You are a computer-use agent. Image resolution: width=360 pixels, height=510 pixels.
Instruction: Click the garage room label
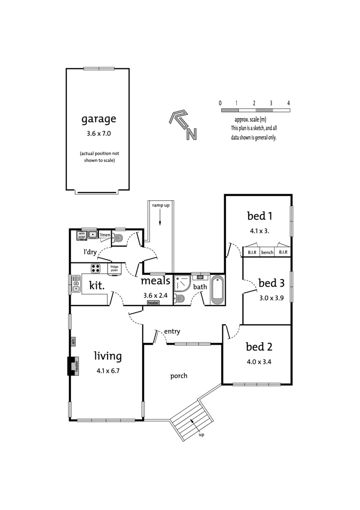pos(98,119)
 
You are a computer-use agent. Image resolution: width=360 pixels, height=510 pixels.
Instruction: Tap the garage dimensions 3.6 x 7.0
pos(98,134)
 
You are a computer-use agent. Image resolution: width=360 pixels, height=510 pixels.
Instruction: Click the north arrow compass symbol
pos(183,125)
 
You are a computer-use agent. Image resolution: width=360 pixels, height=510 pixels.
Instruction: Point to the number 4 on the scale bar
pos(288,103)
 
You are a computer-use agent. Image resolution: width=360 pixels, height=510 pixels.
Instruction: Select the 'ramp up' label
pos(161,205)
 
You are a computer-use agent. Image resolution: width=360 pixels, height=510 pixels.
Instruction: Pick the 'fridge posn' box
pos(115,268)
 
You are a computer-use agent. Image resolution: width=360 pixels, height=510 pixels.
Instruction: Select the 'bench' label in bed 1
pos(267,253)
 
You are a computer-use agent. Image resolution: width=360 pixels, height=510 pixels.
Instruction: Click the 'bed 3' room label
pos(271,283)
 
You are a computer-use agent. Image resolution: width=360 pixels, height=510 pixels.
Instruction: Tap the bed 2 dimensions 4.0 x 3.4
pos(259,362)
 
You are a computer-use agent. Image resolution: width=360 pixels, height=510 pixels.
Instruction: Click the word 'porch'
pos(179,376)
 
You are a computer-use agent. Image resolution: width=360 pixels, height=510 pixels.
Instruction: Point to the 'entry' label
pos(172,332)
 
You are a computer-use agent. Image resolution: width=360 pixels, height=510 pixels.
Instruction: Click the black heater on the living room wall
pos(72,366)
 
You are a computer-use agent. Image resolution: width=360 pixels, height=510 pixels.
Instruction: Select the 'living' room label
pos(108,356)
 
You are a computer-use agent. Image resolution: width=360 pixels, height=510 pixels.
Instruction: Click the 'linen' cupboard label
pos(105,235)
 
